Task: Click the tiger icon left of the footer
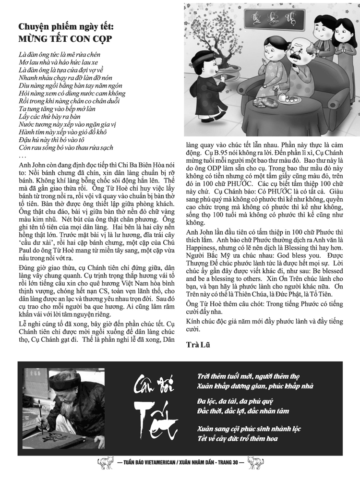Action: point(104,464)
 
